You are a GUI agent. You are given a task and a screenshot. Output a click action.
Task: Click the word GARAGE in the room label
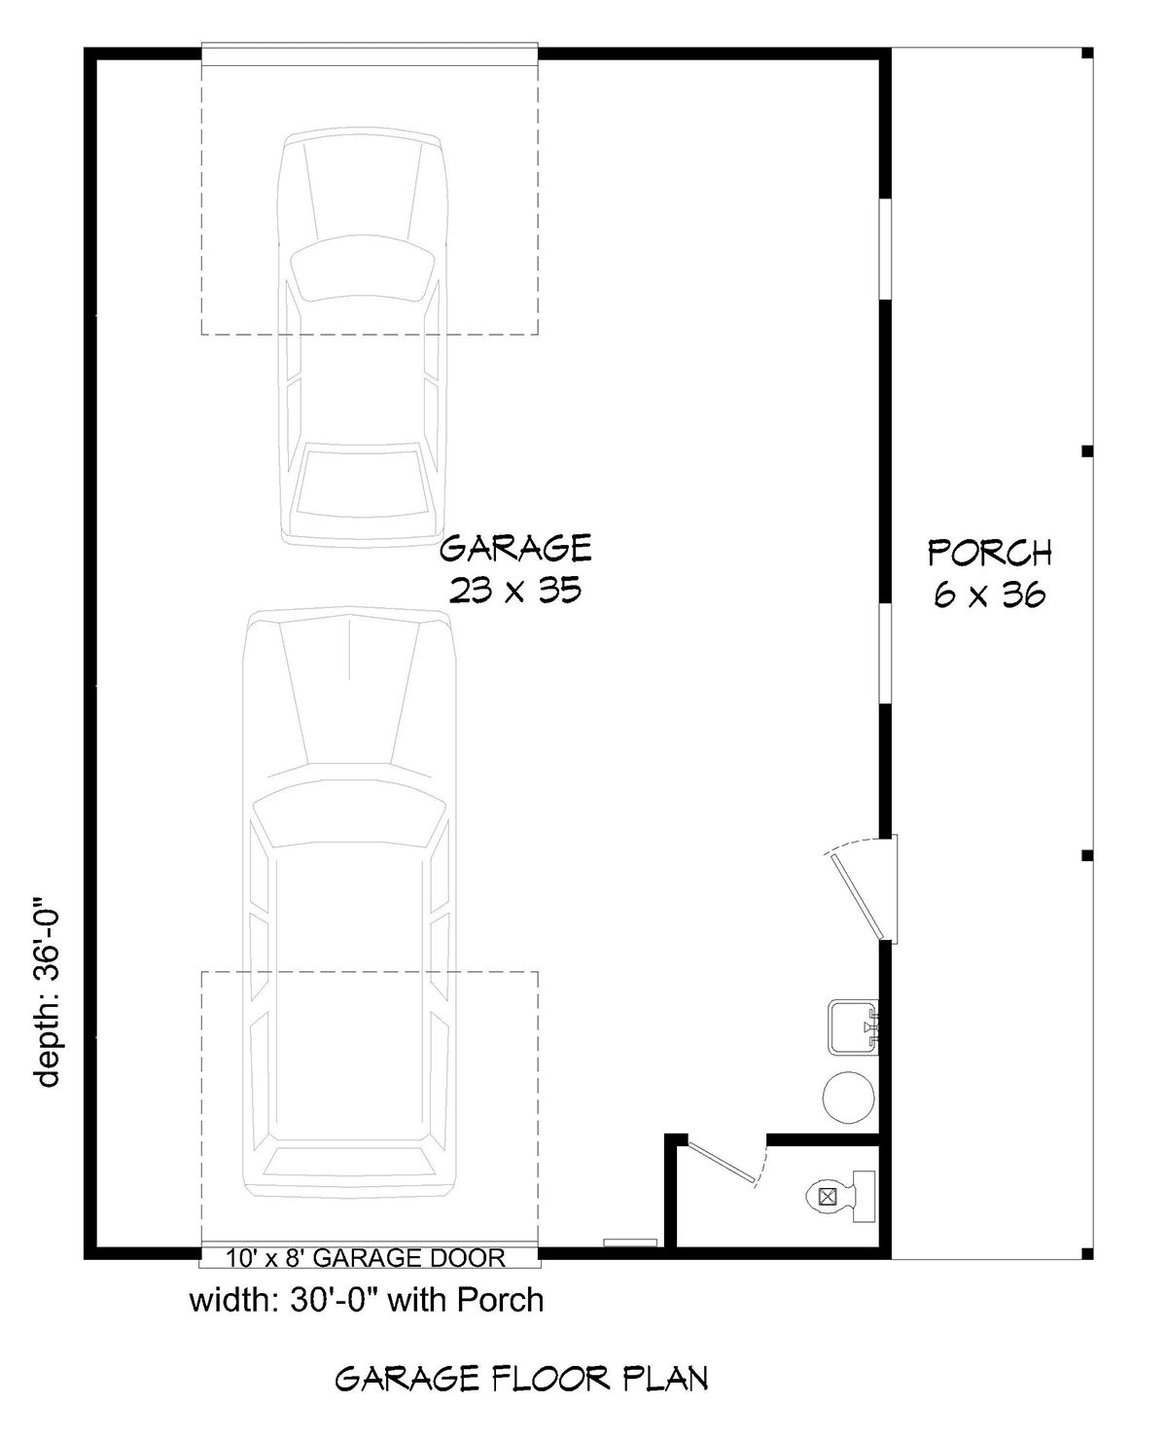pos(515,549)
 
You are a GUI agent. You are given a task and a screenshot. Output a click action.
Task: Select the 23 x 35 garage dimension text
pos(515,591)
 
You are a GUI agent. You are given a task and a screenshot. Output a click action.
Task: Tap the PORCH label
pos(989,553)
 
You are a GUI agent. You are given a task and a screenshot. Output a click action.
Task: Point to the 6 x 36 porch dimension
pos(989,594)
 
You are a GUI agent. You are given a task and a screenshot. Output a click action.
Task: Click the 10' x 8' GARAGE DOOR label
pos(366,1258)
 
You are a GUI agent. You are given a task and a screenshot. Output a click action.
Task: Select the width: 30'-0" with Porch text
pos(366,1300)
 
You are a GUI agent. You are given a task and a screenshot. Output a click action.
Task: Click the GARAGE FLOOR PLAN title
pos(521,1379)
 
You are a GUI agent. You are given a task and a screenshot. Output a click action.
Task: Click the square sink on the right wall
pos(853,1026)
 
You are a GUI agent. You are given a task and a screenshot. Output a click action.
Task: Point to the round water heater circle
pos(849,1097)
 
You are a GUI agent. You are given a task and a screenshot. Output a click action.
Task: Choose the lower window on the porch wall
pos(886,652)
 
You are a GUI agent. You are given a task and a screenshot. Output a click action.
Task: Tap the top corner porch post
pos(1087,54)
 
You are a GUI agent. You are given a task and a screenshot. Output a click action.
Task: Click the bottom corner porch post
pos(1087,1251)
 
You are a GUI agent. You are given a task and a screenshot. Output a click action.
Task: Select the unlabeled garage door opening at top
pos(370,55)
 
